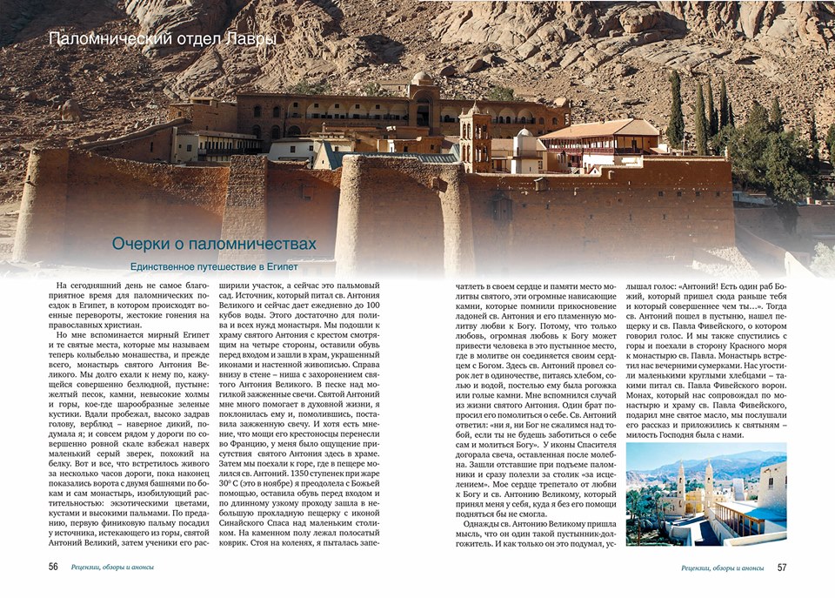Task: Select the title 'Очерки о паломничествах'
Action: [x=214, y=245]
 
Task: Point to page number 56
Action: [x=53, y=567]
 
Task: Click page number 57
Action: [x=781, y=568]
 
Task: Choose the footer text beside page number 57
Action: [x=722, y=568]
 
